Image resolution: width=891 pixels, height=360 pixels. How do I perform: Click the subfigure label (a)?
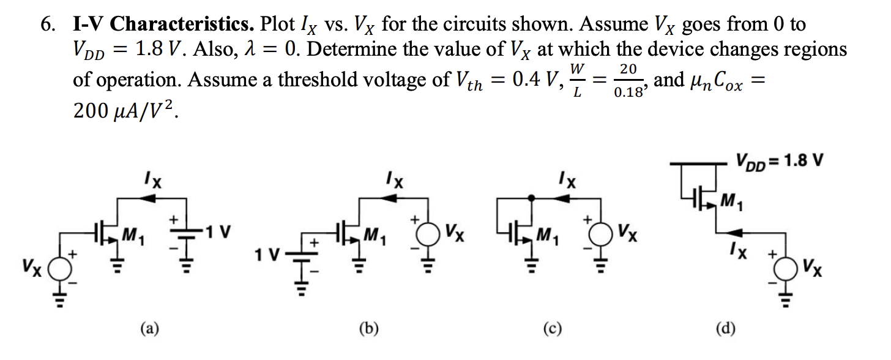click(x=149, y=329)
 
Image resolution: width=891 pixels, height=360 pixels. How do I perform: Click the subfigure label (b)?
click(x=368, y=329)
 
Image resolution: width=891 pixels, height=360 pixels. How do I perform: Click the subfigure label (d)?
click(x=726, y=329)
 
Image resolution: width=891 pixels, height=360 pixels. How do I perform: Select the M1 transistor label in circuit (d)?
click(x=730, y=199)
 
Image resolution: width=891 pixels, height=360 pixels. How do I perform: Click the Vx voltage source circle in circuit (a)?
click(x=59, y=268)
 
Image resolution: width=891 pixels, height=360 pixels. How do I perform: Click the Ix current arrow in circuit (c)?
click(x=559, y=198)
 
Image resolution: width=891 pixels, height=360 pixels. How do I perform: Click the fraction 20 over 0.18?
click(x=628, y=80)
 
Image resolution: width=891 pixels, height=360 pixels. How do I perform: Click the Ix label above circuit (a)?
click(x=154, y=181)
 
